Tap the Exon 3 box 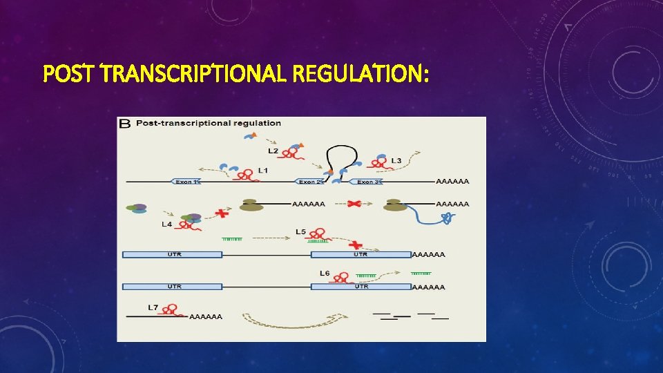(367, 182)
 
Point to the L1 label (263, 170)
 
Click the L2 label (273, 151)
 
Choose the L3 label (396, 161)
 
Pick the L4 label (166, 224)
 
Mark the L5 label (300, 231)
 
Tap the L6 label (325, 274)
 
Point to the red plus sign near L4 (222, 213)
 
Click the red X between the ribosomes (355, 204)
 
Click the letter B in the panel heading (125, 124)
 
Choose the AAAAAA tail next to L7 (206, 316)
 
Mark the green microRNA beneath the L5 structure (317, 241)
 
